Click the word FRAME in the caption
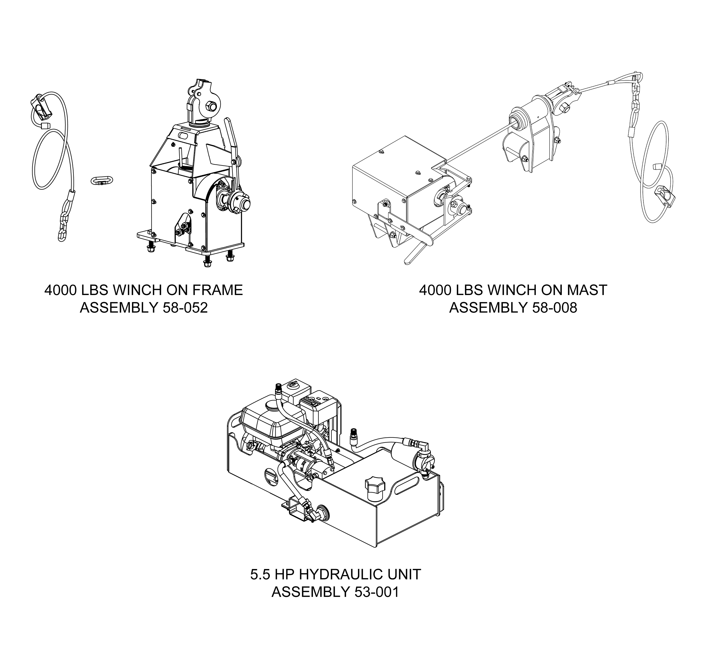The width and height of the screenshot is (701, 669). click(x=217, y=290)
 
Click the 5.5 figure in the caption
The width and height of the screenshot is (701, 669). click(x=261, y=574)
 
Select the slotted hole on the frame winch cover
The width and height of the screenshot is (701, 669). click(x=184, y=136)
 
